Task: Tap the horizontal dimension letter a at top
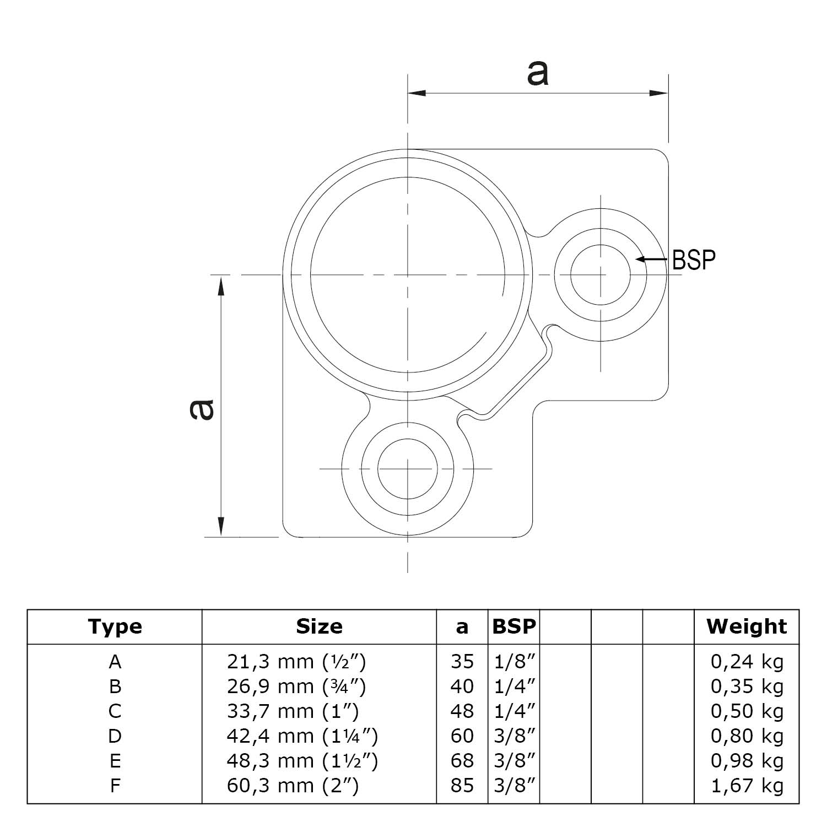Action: click(538, 73)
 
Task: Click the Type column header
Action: click(115, 626)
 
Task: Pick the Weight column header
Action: click(747, 626)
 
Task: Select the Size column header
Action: click(319, 626)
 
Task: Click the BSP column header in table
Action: click(514, 626)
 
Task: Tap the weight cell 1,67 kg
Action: click(747, 786)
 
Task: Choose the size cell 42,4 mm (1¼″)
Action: click(302, 736)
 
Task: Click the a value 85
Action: click(462, 786)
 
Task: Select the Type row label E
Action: click(115, 761)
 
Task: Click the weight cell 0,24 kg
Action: click(747, 661)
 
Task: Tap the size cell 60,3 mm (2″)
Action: click(293, 786)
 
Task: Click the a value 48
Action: click(462, 711)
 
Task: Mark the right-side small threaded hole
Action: click(601, 274)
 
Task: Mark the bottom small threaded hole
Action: click(408, 469)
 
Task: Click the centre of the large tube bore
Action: click(408, 274)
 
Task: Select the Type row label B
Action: click(115, 687)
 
